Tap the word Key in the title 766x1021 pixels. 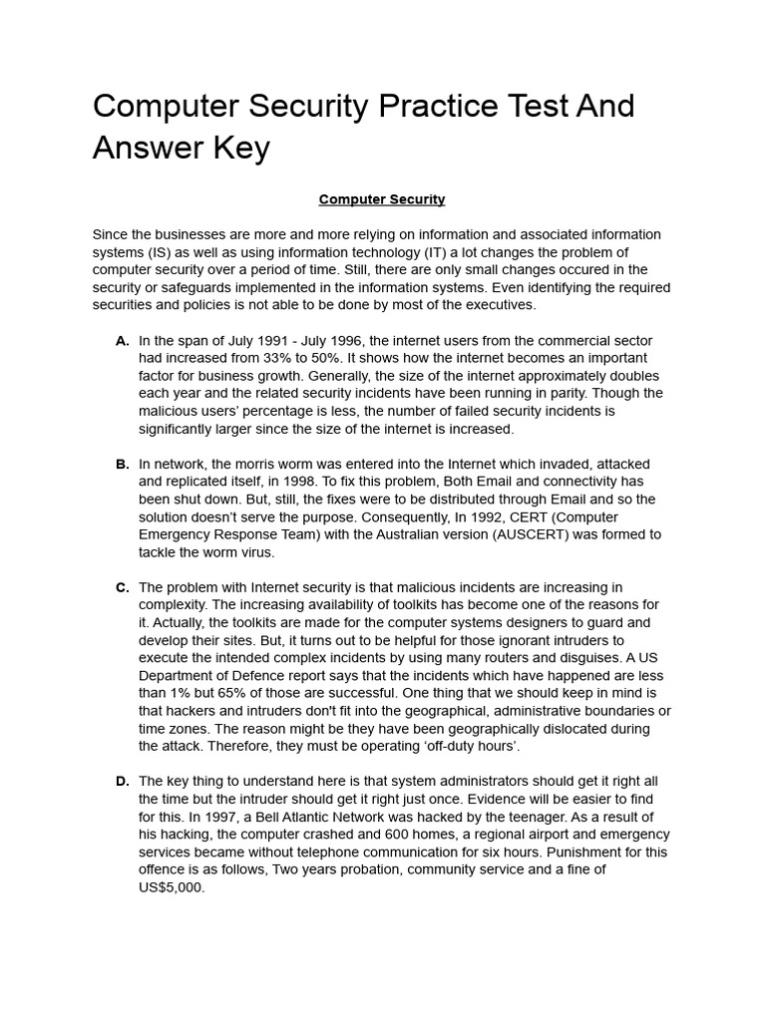240,148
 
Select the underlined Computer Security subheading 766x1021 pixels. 382,199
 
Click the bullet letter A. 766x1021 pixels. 122,341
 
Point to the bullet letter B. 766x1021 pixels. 122,465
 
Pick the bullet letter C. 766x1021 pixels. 122,587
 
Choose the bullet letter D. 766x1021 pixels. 122,781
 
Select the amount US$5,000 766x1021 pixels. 172,887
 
